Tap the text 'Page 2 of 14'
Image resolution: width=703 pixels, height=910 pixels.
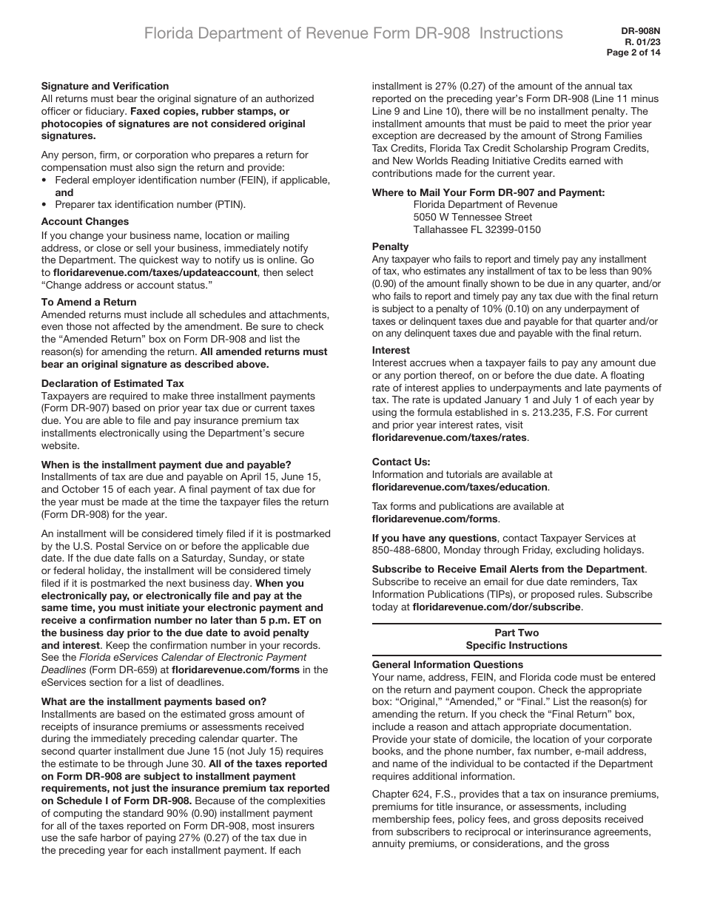[x=633, y=53]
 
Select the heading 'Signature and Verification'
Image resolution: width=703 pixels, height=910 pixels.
[x=105, y=86]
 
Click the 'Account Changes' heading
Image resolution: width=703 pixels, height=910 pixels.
[x=85, y=221]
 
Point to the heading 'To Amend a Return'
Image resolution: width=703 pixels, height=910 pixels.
[x=89, y=302]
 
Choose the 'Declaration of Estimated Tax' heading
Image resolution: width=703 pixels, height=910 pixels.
[x=112, y=383]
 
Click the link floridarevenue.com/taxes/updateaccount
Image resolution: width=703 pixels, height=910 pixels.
[x=155, y=272]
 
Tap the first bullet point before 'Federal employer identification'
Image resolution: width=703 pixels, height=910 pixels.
[x=45, y=180]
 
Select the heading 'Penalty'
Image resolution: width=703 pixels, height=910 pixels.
[x=390, y=246]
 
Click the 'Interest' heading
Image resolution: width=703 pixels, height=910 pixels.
[x=391, y=350]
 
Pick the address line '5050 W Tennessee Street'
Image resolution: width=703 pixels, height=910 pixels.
[x=473, y=217]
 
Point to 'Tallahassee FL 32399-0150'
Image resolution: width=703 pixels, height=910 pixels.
[x=477, y=229]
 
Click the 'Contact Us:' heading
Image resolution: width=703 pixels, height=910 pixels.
[x=401, y=462]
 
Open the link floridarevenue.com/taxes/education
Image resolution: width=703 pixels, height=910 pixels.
[x=460, y=487]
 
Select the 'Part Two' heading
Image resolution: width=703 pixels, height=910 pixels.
[x=517, y=633]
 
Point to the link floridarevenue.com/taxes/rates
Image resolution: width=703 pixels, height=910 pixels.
[x=449, y=437]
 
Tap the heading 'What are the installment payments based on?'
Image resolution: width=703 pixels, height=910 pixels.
[x=154, y=701]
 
